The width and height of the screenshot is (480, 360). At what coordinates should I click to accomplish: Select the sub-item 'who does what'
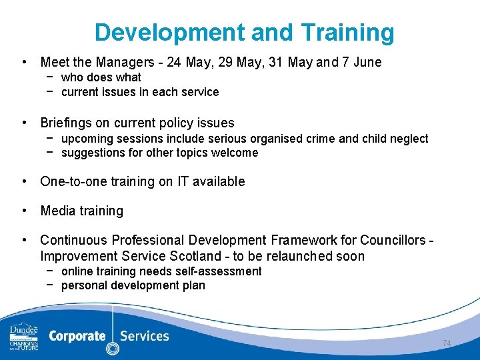[x=101, y=77]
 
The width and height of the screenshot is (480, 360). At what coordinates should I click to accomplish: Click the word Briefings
[x=64, y=123]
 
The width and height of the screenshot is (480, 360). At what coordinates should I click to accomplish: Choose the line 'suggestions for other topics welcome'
[x=159, y=153]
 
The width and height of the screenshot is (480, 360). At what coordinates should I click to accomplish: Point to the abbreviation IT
[x=183, y=181]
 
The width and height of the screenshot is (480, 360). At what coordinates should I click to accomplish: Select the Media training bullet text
[x=82, y=211]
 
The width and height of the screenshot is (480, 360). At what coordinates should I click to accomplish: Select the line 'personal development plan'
[x=133, y=286]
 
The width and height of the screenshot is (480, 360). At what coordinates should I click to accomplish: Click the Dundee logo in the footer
[x=23, y=337]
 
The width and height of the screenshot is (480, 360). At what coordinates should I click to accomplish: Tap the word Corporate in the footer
[x=77, y=336]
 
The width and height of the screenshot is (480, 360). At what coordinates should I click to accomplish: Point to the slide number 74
[x=447, y=343]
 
